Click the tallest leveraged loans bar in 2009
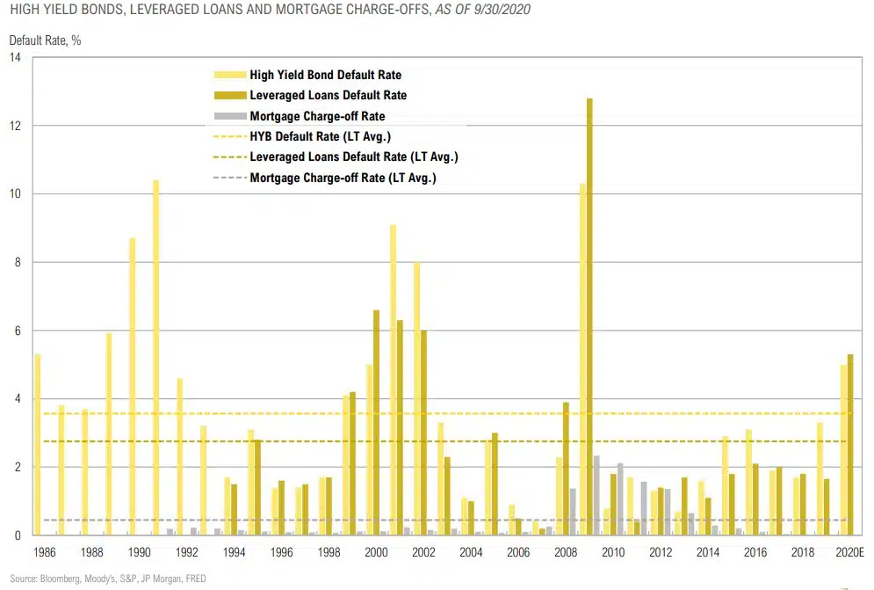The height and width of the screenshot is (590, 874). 589,317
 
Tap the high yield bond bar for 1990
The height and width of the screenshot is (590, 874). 133,386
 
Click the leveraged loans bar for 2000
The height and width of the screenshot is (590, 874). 376,422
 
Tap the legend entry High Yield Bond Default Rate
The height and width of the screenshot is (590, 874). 325,76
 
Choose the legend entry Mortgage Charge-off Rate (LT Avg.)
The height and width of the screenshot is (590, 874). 343,178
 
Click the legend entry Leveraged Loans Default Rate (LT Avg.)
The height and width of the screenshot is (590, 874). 353,157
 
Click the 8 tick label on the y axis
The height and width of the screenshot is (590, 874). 18,262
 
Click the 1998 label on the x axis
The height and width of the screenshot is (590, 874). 329,553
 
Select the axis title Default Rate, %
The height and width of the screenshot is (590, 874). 45,40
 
